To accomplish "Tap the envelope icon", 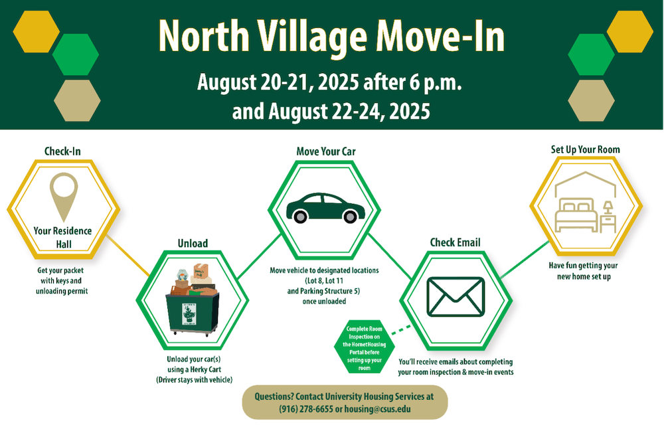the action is point(456,297).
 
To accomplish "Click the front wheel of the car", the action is point(350,216).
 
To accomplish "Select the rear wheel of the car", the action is point(300,216).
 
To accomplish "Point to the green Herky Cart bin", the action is point(193,313).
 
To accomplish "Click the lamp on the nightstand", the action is point(608,207).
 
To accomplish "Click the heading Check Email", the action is point(456,242).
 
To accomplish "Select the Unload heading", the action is point(193,243).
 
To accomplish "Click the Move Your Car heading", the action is point(326,151).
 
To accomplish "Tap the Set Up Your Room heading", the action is point(585,149).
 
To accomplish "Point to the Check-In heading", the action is point(62,151).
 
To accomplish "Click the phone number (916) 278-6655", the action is point(305,409).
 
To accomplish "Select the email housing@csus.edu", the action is point(377,409).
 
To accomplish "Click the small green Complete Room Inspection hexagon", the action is point(364,347).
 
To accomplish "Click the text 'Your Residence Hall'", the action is point(62,237).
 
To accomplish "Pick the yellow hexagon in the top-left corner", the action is point(37,32).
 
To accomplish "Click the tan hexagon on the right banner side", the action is point(591,101).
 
